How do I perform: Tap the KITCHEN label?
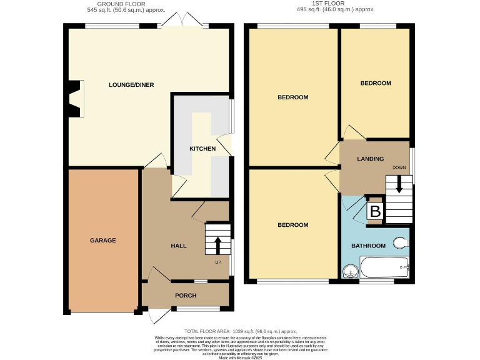tap(202, 149)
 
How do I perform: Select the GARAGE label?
tap(102, 240)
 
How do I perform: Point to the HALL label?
tap(179, 246)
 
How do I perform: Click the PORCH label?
tap(186, 296)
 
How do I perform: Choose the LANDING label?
tap(370, 159)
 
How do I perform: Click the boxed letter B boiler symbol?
tap(375, 211)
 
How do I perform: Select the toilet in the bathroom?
tap(401, 242)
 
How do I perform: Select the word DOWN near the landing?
tap(399, 168)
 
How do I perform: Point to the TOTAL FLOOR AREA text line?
tap(240, 331)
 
